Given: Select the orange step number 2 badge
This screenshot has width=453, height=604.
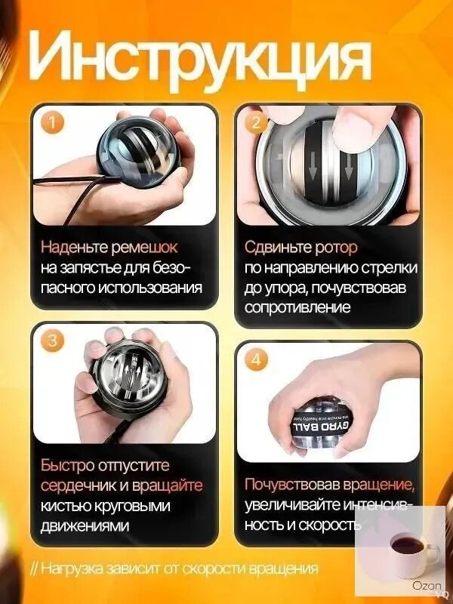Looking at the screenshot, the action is point(255,123).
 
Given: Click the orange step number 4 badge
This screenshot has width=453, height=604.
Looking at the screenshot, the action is point(255,360).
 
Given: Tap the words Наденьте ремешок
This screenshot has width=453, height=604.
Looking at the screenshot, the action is point(109,248).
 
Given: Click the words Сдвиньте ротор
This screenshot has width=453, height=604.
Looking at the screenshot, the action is point(300,248).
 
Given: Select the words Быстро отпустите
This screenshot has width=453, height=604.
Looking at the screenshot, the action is point(105,465).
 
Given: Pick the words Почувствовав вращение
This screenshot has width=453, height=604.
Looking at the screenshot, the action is point(330,485).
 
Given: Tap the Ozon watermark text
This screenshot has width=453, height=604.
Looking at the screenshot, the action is point(427,586).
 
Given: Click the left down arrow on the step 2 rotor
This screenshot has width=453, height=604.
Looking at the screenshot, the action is point(313,165).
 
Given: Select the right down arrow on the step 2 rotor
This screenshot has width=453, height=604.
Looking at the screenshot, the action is point(349,166).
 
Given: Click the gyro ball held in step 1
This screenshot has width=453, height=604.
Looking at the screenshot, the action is point(138,153).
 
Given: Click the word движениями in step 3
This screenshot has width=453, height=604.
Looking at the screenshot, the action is point(85,526).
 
